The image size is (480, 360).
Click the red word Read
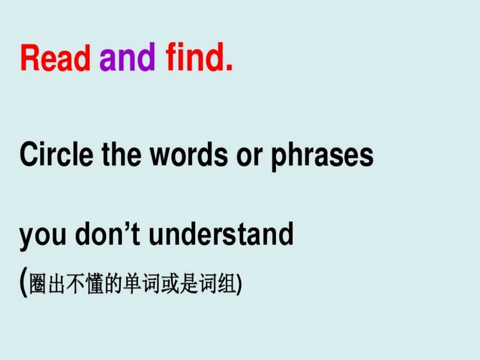click(55, 59)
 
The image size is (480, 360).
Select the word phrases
click(322, 157)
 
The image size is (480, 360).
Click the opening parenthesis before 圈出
click(24, 283)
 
